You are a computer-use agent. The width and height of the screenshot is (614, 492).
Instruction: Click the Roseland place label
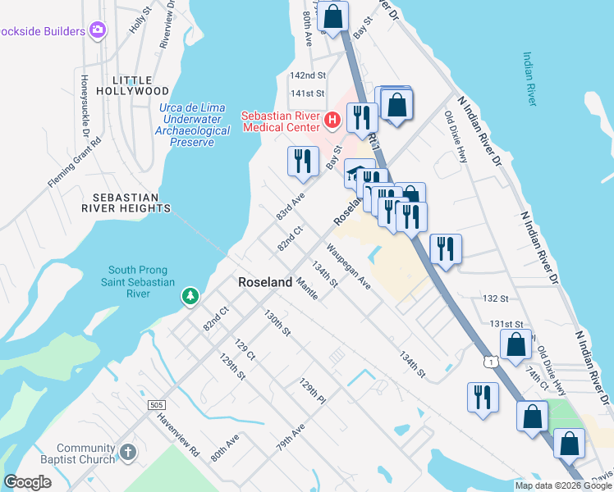click(265, 281)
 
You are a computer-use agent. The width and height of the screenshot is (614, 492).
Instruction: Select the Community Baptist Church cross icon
click(127, 452)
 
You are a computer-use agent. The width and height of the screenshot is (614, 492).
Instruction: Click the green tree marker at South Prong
click(190, 294)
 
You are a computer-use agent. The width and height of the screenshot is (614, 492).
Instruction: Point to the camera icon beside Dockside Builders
click(99, 31)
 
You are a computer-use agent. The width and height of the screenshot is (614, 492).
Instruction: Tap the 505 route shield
click(158, 405)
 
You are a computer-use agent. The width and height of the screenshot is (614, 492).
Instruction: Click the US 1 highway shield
click(490, 362)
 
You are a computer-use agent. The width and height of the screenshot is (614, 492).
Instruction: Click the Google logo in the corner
click(28, 483)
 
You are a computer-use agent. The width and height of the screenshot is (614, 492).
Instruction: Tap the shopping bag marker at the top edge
click(333, 15)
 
